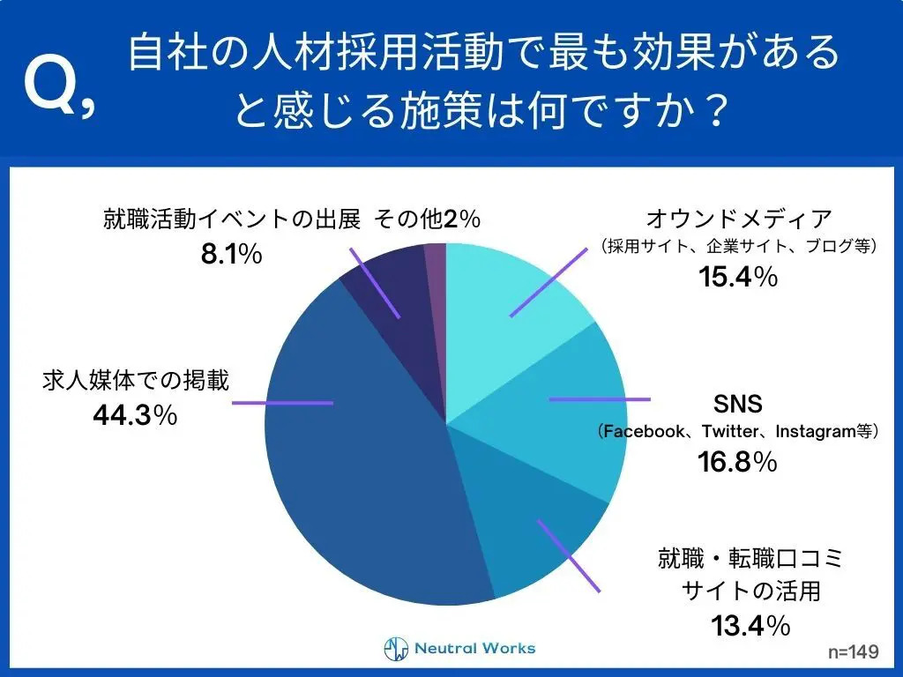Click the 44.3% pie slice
(353, 458)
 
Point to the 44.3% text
(135, 413)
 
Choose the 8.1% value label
(231, 255)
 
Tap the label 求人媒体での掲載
(135, 381)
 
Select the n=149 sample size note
(853, 652)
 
